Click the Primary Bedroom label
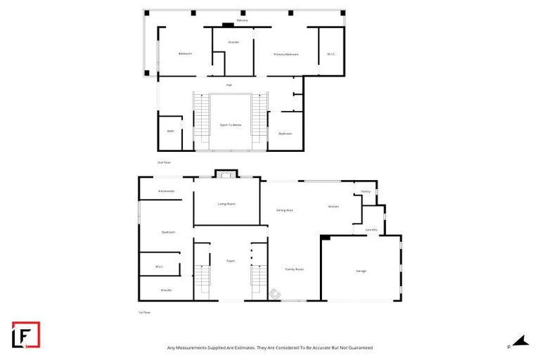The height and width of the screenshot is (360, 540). point(286,54)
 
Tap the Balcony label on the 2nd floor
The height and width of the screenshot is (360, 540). point(242,20)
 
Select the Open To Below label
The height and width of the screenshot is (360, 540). point(231,124)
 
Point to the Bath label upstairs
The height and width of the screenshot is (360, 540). point(170,131)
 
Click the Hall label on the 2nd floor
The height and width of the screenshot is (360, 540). point(229,85)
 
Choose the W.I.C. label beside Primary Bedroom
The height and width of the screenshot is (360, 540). point(331,54)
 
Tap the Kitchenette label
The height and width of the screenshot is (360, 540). point(167,191)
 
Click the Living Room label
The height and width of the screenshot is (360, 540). point(226,204)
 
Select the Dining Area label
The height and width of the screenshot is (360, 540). point(284,210)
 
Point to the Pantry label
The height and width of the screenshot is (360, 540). point(366,191)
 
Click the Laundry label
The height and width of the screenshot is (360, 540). point(371,230)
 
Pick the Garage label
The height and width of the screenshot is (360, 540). point(360,271)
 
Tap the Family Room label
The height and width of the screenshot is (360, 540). point(294,269)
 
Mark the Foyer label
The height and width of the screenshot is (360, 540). point(230,261)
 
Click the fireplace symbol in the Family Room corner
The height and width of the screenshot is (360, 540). point(276,295)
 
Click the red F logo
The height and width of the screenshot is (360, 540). point(26,335)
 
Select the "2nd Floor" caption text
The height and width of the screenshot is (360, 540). point(164,162)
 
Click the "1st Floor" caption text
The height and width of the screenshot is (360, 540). point(144,312)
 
